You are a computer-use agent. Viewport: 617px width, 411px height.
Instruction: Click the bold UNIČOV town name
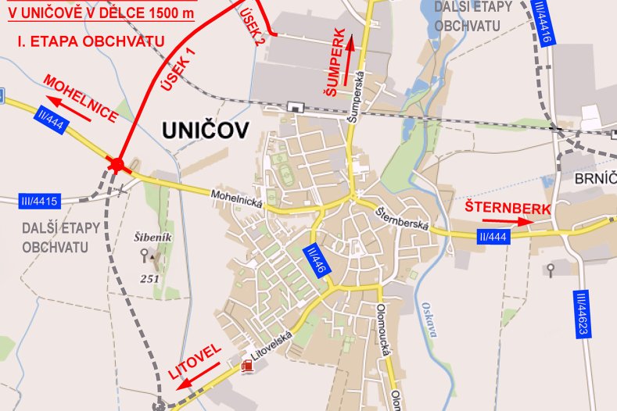pos(206,130)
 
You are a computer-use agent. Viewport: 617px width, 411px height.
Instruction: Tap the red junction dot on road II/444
pos(117,164)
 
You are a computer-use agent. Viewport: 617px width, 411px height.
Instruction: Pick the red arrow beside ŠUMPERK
pos(349,54)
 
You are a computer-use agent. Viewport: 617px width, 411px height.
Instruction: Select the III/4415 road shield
pos(38,202)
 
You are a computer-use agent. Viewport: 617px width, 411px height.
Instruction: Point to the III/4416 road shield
pos(542,23)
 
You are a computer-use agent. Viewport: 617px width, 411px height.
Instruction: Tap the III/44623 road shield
pos(580,314)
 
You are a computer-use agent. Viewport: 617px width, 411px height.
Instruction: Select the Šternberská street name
pos(404,219)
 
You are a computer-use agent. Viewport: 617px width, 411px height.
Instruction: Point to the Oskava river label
pos(427,318)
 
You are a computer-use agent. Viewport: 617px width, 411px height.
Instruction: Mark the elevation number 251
pos(150,278)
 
